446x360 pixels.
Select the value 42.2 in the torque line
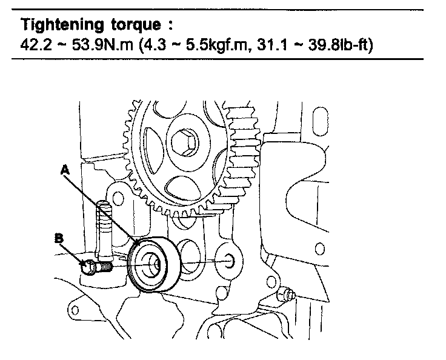[x=33, y=45]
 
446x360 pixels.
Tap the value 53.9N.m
[x=89, y=45]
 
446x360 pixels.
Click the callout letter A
[x=64, y=172]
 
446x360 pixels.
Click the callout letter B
[x=59, y=238]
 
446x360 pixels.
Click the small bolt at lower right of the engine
[x=287, y=296]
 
